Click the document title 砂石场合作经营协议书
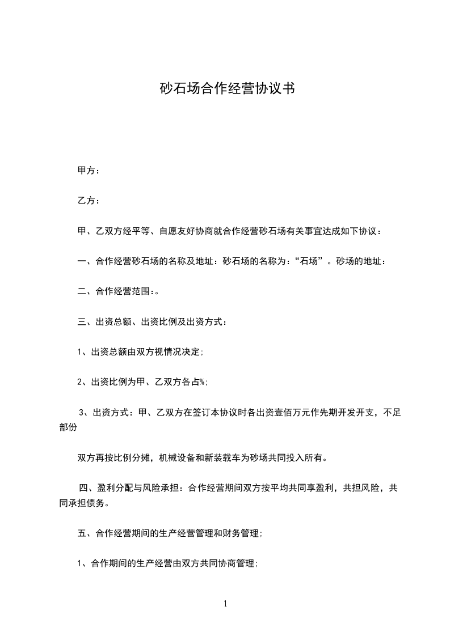(x=225, y=89)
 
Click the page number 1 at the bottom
(x=225, y=604)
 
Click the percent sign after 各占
(x=203, y=382)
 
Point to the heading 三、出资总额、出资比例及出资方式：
(x=152, y=322)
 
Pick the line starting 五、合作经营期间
(x=169, y=533)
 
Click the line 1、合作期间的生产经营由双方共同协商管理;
(x=168, y=563)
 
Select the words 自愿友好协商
(x=187, y=231)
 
